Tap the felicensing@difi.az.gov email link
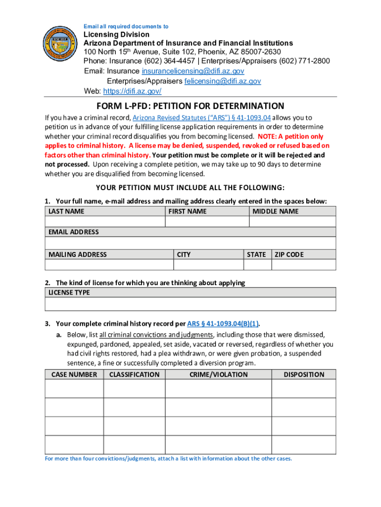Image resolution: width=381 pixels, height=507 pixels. [223, 81]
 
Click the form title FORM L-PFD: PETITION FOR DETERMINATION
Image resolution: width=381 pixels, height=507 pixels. [190, 106]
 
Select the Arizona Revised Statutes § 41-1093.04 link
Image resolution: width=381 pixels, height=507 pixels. [202, 118]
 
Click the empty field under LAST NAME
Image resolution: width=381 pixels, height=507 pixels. [104, 221]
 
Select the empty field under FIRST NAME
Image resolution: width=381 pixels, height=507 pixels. [206, 221]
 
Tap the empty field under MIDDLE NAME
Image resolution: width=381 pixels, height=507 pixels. [292, 221]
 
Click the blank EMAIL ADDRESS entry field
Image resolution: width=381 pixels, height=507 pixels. [190, 243]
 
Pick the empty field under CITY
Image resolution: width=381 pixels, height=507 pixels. [208, 264]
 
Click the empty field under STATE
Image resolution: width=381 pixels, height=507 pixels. [257, 264]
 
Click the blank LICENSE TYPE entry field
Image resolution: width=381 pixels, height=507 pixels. [190, 304]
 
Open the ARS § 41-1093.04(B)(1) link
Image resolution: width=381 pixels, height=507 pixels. [223, 324]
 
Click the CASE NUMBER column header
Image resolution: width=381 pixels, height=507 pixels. [74, 374]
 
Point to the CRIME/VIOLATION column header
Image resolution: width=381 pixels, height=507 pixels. [218, 374]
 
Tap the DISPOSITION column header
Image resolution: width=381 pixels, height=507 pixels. [303, 374]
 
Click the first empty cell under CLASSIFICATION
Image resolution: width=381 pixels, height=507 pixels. [134, 389]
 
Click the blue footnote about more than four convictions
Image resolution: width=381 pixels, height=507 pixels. [169, 458]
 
